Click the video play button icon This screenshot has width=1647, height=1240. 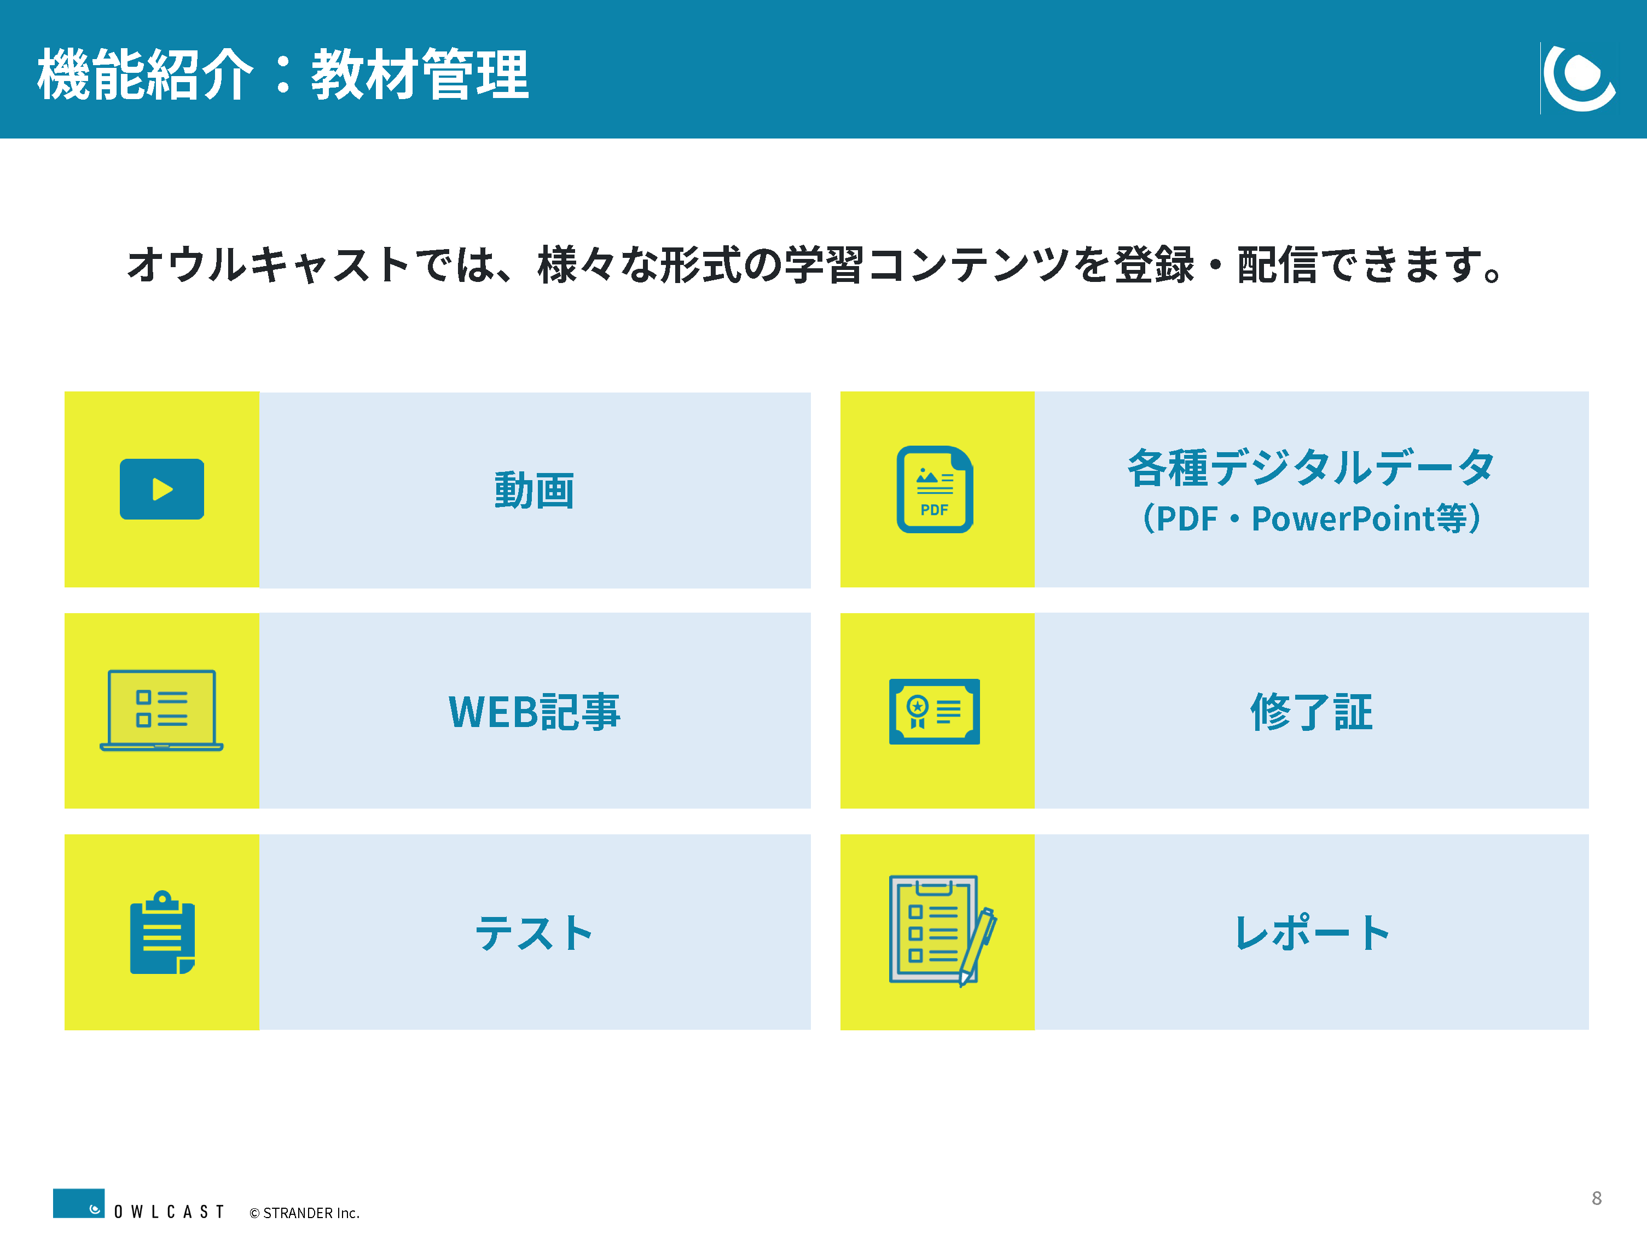tap(161, 489)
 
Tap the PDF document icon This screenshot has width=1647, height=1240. tap(935, 489)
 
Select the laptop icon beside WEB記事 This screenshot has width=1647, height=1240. tap(161, 711)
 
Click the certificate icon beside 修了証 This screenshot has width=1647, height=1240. tap(935, 711)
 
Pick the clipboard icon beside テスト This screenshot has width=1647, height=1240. tap(163, 932)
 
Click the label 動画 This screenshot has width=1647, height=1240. tap(535, 491)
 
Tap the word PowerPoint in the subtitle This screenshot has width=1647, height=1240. tap(1343, 518)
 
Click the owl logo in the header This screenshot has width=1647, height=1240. tap(1579, 77)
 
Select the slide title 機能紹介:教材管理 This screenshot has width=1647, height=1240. tap(283, 74)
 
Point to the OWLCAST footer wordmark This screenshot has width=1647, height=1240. tap(169, 1212)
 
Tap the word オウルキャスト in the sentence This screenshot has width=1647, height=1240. tap(268, 264)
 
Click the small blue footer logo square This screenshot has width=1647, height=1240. tap(78, 1203)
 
